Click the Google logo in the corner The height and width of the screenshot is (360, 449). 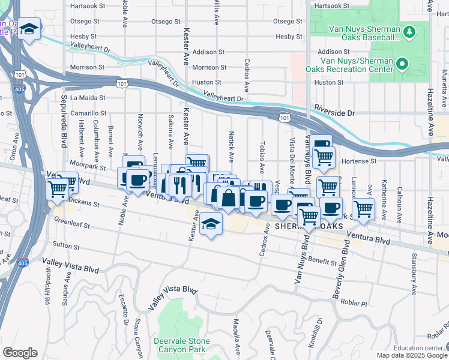pos(20,353)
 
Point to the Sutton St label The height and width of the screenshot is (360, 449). pos(67,245)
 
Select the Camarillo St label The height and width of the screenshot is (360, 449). pos(88,112)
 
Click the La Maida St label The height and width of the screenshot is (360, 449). pos(88,97)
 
